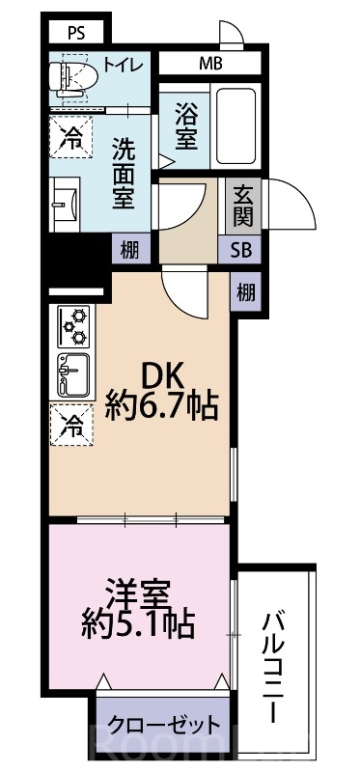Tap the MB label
click(x=209, y=66)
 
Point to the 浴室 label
click(x=187, y=125)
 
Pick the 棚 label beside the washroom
click(x=128, y=249)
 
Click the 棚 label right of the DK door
click(x=246, y=290)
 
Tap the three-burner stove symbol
click(x=73, y=326)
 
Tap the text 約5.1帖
click(x=142, y=621)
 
